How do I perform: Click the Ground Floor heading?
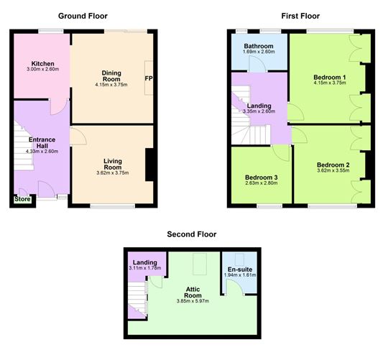(x=83, y=16)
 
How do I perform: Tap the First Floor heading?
(x=300, y=16)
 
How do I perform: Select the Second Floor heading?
(x=192, y=234)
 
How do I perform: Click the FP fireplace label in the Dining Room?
(x=149, y=78)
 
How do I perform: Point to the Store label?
(x=22, y=199)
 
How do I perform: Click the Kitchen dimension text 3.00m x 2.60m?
(x=42, y=69)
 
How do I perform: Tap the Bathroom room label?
(x=259, y=46)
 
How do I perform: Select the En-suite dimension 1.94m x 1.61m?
(x=240, y=275)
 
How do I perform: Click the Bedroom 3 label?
(x=262, y=177)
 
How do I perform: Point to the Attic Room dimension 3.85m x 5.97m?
(x=193, y=301)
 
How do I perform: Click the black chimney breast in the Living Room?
(x=149, y=165)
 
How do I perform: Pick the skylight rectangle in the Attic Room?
(x=200, y=264)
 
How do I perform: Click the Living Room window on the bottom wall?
(x=112, y=206)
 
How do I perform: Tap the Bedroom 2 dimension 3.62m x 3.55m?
(x=333, y=170)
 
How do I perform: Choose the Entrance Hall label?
(x=42, y=142)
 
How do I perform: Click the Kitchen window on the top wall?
(x=51, y=32)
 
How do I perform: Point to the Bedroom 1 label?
(x=330, y=77)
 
